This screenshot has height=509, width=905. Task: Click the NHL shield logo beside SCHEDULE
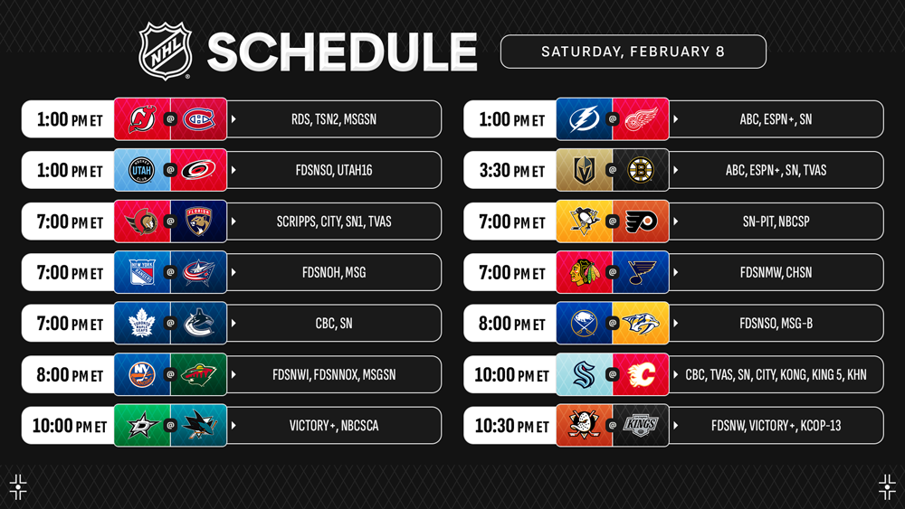tap(165, 51)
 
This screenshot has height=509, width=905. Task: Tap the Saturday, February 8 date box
tap(633, 52)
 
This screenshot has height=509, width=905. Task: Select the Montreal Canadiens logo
tap(198, 119)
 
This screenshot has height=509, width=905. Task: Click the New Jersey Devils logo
tap(142, 119)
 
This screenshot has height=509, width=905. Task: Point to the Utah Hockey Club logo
tap(142, 170)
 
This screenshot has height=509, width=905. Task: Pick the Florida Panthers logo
tap(198, 222)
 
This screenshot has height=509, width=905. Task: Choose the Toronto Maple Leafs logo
tap(142, 324)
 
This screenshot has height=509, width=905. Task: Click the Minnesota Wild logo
tap(198, 374)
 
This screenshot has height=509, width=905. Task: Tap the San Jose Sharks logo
tap(198, 426)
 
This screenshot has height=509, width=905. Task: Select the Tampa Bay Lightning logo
tap(584, 119)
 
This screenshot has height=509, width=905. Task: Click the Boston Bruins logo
tap(641, 170)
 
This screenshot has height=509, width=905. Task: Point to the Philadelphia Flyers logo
tap(641, 222)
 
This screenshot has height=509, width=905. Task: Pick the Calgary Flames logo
tap(641, 374)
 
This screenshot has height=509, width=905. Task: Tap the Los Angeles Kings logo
tap(641, 426)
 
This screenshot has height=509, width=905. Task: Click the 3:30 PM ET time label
tap(511, 171)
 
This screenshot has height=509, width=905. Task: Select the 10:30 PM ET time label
tap(511, 426)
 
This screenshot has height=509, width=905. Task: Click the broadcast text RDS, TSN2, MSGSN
tap(334, 119)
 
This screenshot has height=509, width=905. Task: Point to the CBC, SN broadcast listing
tap(334, 324)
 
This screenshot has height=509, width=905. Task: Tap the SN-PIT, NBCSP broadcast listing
tap(776, 222)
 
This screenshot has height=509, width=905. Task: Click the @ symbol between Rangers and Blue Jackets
tap(170, 272)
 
